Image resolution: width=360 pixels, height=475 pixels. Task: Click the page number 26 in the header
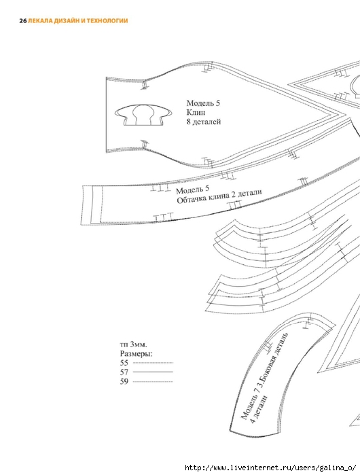pos(23,21)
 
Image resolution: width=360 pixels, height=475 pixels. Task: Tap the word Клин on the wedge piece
pos(196,112)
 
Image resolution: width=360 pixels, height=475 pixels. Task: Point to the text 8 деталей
pos(204,122)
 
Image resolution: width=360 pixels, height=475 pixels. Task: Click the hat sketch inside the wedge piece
pos(143,115)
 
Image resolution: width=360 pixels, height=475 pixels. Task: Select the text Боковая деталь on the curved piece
pos(275,359)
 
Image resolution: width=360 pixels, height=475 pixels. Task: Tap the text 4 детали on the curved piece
pos(259,409)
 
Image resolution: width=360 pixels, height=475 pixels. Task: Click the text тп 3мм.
pos(134,345)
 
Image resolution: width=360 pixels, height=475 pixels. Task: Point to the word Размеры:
pos(137,353)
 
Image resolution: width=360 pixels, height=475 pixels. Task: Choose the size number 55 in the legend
pos(124,363)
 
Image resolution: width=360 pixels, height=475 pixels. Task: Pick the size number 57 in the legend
pos(124,372)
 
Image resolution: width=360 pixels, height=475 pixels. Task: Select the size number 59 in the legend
pos(124,381)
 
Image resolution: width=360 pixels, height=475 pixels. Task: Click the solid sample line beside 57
pos(153,372)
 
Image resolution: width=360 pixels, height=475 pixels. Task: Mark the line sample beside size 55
pos(153,363)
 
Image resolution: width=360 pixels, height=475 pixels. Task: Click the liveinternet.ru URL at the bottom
pos(270,468)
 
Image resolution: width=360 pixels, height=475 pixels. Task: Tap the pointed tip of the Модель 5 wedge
pos(346,114)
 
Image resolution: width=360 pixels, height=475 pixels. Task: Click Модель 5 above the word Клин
pos(203,103)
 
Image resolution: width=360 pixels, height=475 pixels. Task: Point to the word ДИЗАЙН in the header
pos(65,21)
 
